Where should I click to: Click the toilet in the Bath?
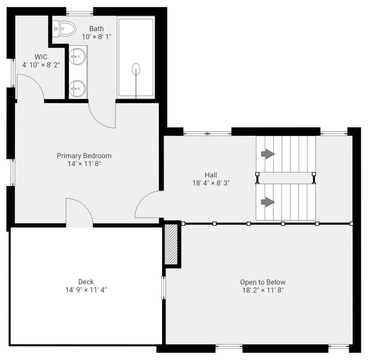(x=64, y=29)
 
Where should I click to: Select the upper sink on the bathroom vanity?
(x=77, y=57)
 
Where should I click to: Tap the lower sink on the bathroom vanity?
(x=77, y=89)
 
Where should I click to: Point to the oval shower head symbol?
(x=136, y=69)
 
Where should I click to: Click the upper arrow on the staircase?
(x=268, y=154)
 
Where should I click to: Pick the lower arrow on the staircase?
(x=268, y=202)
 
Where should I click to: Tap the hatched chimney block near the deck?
(x=171, y=244)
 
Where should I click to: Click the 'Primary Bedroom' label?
(x=84, y=156)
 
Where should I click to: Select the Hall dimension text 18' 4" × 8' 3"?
(x=211, y=183)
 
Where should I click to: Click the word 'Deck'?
(x=86, y=282)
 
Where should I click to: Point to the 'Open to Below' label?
(x=263, y=282)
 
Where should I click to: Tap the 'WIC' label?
(x=41, y=57)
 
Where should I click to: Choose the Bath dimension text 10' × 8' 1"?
(x=97, y=37)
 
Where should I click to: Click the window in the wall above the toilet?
(x=80, y=12)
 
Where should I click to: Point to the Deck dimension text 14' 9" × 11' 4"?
(x=86, y=290)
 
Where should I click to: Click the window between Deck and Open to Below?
(x=164, y=288)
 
